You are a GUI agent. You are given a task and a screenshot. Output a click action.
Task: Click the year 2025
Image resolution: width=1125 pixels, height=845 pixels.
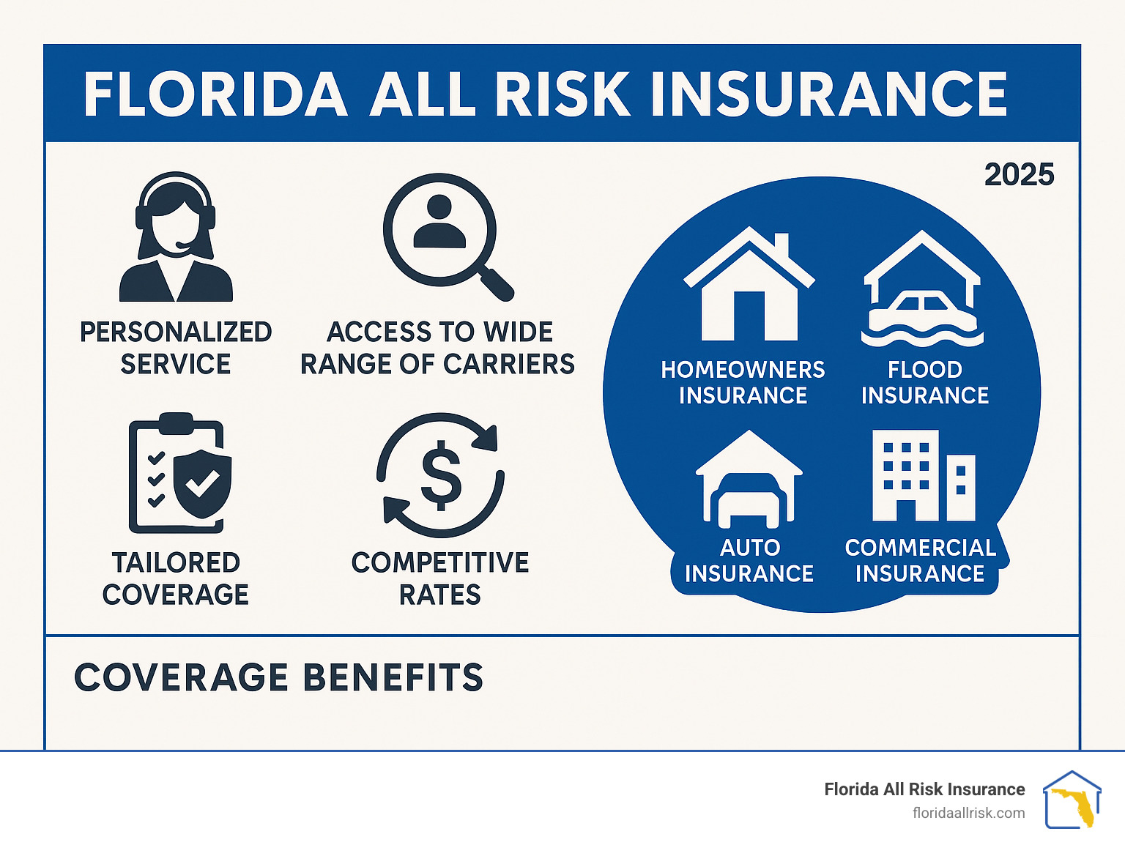tap(1019, 175)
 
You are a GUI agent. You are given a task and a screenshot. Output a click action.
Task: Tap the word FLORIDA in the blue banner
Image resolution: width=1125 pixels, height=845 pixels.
tap(215, 94)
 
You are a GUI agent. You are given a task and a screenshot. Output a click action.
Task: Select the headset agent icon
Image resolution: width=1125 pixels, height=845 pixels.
tap(176, 237)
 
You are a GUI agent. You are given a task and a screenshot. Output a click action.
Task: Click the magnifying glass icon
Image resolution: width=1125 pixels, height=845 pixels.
tap(448, 237)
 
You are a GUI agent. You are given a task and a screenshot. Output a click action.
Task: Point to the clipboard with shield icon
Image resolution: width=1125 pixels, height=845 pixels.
tap(180, 473)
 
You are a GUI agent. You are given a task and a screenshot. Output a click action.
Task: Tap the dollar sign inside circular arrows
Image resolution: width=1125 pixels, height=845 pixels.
tap(441, 475)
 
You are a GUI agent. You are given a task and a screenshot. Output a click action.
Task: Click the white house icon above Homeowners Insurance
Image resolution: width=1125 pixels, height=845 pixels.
tap(749, 283)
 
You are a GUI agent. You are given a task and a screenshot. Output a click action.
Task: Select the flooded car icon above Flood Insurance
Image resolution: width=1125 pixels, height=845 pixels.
tap(922, 289)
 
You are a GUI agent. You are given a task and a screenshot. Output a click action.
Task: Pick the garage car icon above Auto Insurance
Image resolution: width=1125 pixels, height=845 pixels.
tap(749, 479)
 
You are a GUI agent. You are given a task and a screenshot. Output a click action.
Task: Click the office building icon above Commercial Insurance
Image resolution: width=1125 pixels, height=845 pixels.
tap(924, 475)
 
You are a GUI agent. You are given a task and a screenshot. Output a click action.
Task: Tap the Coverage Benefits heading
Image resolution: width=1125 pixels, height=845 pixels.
tap(278, 677)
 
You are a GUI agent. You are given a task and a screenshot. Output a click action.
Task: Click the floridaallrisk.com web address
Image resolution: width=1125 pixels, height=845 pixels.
tap(969, 813)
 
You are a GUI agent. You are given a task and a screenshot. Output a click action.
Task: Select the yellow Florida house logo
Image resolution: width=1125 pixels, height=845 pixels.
tap(1072, 800)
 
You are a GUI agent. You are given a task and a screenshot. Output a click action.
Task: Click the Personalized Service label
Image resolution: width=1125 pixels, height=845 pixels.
tap(176, 348)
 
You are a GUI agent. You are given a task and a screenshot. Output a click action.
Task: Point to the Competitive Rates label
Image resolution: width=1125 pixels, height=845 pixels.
tap(440, 578)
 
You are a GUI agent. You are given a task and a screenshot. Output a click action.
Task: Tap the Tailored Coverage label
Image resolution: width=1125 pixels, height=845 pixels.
tap(176, 578)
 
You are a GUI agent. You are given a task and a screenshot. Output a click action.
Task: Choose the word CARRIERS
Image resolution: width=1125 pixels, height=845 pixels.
tap(508, 365)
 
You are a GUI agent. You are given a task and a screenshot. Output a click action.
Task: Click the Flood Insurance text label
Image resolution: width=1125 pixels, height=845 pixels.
tap(925, 382)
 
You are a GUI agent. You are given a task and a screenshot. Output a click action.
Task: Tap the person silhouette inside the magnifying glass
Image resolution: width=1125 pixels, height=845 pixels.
tap(439, 221)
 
